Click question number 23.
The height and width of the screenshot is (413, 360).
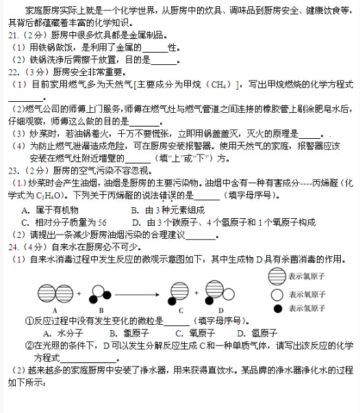(x=14, y=171)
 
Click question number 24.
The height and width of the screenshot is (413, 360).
(x=14, y=246)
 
